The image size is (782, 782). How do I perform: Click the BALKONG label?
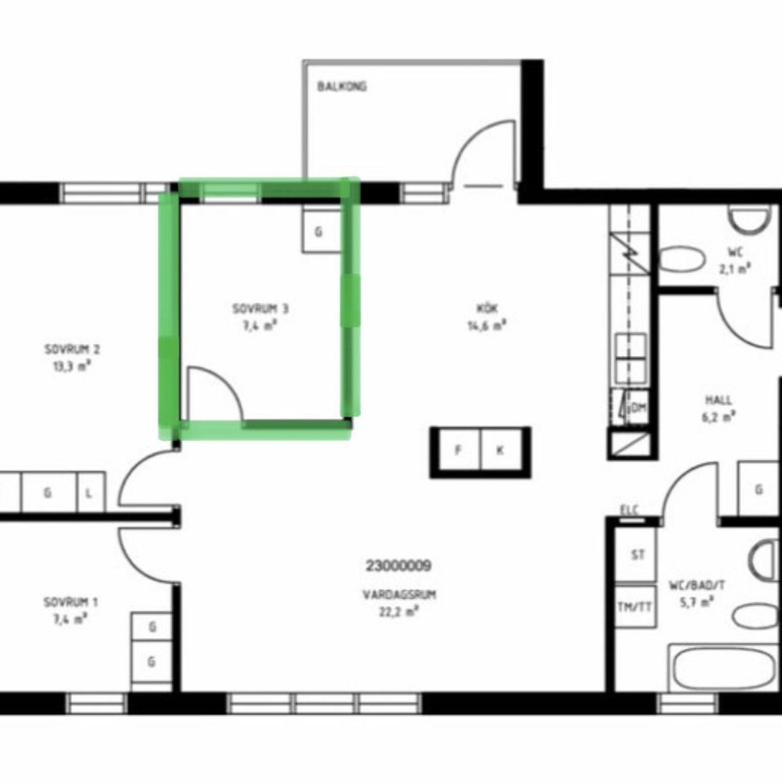[342, 87]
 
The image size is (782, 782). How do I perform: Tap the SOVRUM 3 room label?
[261, 310]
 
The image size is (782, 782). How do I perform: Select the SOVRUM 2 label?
[72, 349]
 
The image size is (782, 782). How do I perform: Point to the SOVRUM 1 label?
[70, 602]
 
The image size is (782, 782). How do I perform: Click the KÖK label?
[487, 309]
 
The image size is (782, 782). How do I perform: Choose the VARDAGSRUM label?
[399, 595]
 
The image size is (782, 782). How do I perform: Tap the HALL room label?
[718, 400]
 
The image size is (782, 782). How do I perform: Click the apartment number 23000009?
[398, 565]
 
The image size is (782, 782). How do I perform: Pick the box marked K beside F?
[502, 450]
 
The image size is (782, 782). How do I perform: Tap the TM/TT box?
[635, 606]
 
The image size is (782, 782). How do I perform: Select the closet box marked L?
[91, 493]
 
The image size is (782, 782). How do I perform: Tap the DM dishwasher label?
[638, 409]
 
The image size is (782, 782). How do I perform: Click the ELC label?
[630, 510]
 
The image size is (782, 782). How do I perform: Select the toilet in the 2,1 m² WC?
[682, 260]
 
